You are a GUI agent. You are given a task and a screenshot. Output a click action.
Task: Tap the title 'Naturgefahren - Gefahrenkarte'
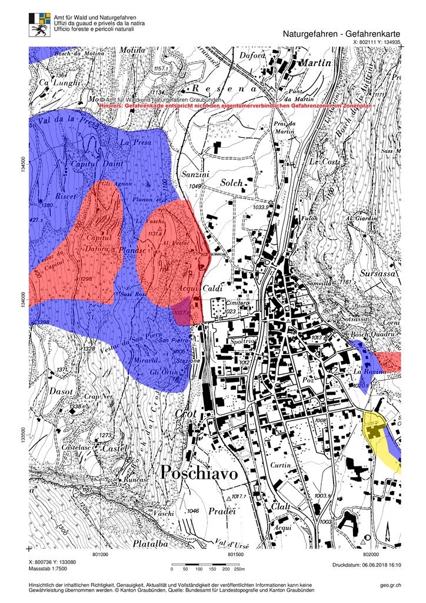pos(342,34)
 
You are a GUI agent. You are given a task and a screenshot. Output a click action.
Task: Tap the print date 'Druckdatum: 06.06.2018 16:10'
pos(366,565)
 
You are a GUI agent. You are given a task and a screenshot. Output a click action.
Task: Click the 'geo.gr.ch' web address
pos(391,585)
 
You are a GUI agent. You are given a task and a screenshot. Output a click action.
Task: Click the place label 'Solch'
pos(231,183)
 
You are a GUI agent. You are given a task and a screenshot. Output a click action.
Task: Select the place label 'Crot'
pos(185,414)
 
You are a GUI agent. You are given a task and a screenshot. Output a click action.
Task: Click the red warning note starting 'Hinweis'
pos(235,105)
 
